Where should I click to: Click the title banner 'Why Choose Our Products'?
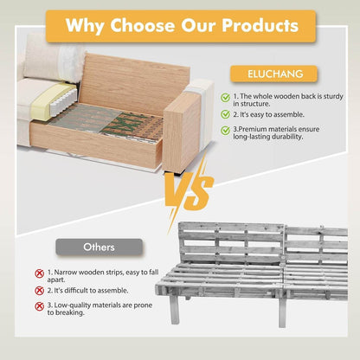point(180,25)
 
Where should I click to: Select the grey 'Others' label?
point(100,247)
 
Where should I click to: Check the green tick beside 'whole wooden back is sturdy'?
point(226,98)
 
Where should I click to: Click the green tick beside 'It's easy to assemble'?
point(226,113)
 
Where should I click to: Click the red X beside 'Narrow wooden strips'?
point(39,273)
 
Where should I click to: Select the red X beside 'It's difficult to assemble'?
point(39,290)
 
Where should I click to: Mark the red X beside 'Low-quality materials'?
point(39,305)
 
